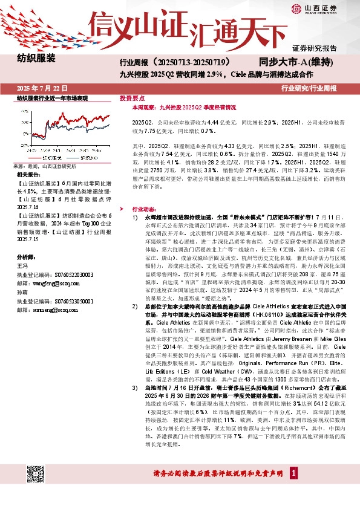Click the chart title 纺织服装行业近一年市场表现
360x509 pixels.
tap(52, 98)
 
